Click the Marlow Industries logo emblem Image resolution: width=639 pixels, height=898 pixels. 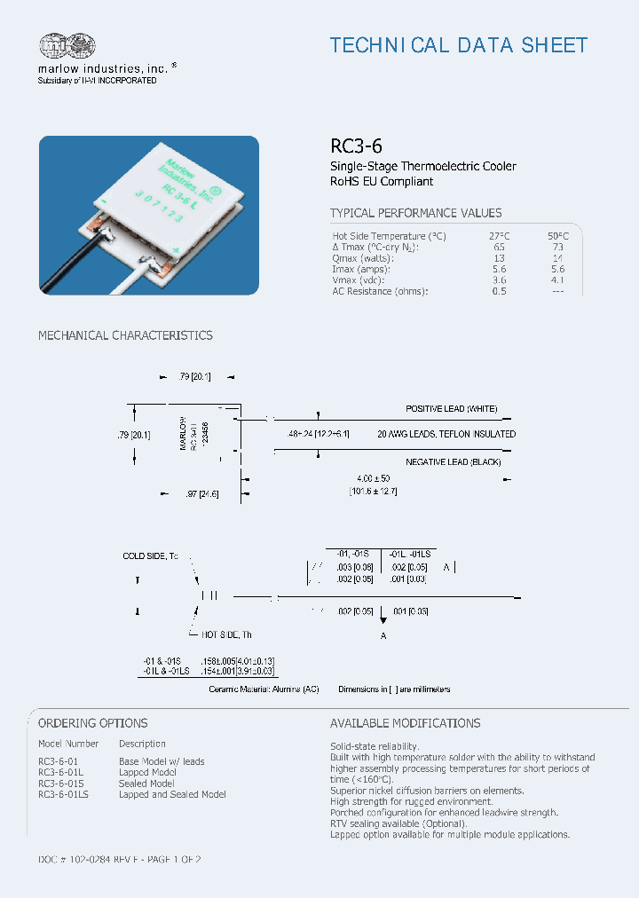click(67, 46)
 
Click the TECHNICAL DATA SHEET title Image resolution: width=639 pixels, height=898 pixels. click(459, 45)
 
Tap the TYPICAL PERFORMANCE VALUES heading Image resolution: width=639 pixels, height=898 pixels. click(415, 213)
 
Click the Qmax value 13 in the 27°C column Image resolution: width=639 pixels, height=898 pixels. click(499, 258)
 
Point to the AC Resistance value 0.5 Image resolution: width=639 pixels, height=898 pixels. click(499, 291)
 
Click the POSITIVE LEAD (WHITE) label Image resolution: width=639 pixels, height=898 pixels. click(452, 408)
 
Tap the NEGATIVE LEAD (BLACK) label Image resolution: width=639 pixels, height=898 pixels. click(453, 462)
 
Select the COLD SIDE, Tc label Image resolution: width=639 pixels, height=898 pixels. click(150, 555)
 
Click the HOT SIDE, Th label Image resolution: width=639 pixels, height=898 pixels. click(226, 635)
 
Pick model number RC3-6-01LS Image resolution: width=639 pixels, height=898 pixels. click(64, 794)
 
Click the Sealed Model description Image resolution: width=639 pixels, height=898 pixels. click(146, 784)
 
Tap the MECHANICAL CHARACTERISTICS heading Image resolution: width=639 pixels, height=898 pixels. click(125, 335)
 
